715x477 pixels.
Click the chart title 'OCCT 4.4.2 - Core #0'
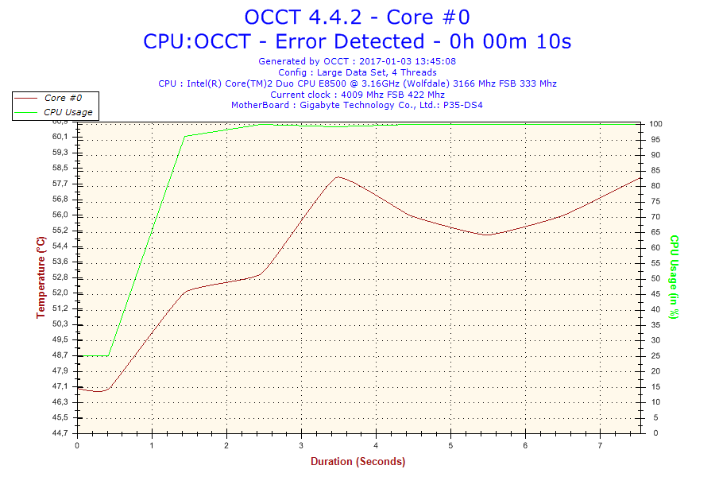[357, 17]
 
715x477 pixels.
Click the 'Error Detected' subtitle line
[357, 41]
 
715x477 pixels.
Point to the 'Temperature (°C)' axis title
[41, 277]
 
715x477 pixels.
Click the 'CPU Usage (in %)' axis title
[674, 277]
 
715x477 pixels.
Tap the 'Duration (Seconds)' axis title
[357, 461]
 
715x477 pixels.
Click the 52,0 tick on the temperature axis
[60, 293]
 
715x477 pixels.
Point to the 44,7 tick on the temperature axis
[60, 433]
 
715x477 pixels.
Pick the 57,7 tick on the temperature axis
[60, 184]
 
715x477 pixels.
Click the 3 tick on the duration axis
[301, 444]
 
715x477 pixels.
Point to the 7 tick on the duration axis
[600, 444]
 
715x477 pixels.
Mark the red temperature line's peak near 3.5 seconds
[338, 177]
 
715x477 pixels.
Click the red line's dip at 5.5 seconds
[488, 235]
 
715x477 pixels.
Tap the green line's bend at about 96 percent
[185, 136]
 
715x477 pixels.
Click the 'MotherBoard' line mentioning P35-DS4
[357, 105]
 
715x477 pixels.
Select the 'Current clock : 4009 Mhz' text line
[357, 95]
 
